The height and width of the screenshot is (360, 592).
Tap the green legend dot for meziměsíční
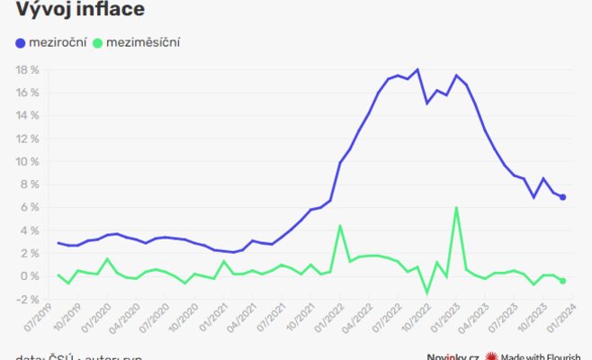pyautogui.click(x=98, y=42)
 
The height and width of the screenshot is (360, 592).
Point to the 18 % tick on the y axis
pyautogui.click(x=28, y=70)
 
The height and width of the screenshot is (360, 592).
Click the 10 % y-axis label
pyautogui.click(x=28, y=162)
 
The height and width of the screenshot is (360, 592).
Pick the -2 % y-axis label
pyautogui.click(x=28, y=299)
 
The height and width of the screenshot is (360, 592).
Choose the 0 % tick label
pyautogui.click(x=31, y=276)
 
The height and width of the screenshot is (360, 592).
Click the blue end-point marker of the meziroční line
pyautogui.click(x=563, y=197)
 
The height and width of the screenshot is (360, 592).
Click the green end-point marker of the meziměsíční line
pyautogui.click(x=563, y=281)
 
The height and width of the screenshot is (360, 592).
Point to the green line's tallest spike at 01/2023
pyautogui.click(x=457, y=208)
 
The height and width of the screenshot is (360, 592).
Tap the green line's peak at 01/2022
pyautogui.click(x=340, y=226)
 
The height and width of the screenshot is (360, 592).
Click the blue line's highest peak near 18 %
pyautogui.click(x=417, y=70)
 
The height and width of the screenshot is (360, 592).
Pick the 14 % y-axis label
pyautogui.click(x=28, y=116)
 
